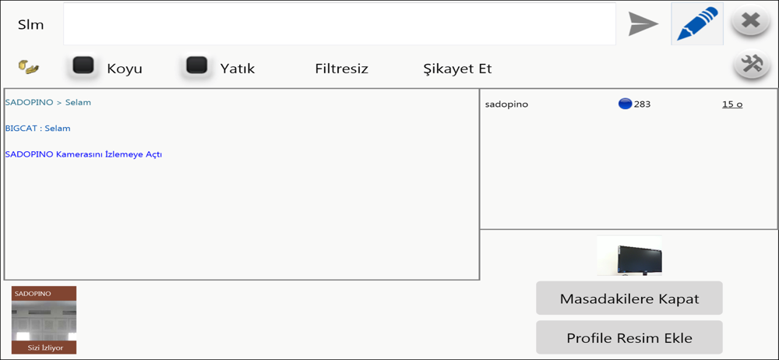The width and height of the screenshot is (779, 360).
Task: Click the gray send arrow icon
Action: click(x=643, y=24)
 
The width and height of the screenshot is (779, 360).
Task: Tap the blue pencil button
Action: click(x=697, y=24)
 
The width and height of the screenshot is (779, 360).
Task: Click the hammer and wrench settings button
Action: click(x=751, y=65)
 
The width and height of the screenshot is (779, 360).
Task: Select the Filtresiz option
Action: click(x=341, y=69)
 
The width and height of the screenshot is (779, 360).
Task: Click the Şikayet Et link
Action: click(x=457, y=69)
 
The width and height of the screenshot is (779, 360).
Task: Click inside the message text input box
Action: click(x=340, y=24)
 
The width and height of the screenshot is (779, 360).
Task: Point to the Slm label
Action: click(x=31, y=25)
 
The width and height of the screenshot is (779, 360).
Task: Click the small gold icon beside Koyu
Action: click(x=30, y=67)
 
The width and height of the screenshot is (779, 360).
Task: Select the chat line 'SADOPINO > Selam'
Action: click(x=48, y=102)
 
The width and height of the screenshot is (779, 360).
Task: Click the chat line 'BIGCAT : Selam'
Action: click(x=37, y=129)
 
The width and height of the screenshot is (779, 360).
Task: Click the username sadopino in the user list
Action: click(x=507, y=104)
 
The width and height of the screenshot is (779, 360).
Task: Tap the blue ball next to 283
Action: click(x=625, y=104)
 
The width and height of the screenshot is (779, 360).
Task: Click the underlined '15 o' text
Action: click(x=732, y=104)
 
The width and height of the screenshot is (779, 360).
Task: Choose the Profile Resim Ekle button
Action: click(x=629, y=337)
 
